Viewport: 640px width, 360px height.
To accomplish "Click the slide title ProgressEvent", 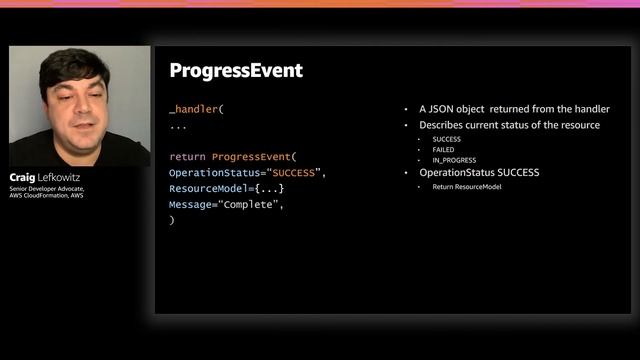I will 236,71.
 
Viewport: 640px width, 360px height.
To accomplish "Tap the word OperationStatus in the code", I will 211,173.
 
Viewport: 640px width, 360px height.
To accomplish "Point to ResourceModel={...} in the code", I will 226,189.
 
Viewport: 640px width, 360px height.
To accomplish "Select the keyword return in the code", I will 186,157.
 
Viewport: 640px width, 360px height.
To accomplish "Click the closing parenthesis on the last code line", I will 172,220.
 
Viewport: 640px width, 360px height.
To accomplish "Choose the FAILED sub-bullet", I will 443,149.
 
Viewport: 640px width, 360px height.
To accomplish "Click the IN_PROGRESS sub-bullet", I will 454,160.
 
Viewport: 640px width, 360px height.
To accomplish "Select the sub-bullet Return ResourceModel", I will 467,187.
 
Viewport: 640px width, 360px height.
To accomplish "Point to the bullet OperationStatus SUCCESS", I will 479,173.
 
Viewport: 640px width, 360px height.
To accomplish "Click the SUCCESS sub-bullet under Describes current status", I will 446,139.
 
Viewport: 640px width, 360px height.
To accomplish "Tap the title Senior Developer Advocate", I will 48,189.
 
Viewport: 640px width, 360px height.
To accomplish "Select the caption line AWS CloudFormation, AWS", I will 47,197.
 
